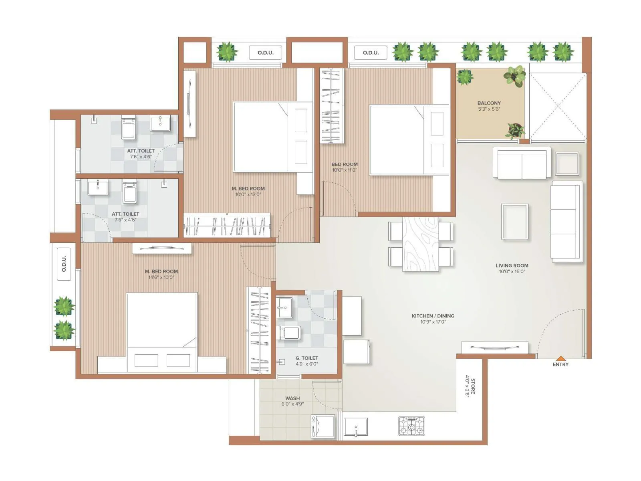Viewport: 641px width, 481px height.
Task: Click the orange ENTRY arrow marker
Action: [x=561, y=358]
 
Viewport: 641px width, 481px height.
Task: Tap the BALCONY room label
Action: [x=489, y=103]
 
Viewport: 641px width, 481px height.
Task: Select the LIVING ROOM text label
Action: [x=512, y=265]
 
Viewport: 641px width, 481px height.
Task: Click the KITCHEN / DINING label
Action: [x=433, y=316]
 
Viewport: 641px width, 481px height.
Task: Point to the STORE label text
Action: [x=473, y=386]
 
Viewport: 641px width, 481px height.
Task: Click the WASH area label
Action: [x=292, y=398]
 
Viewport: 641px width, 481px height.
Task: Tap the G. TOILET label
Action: [x=307, y=358]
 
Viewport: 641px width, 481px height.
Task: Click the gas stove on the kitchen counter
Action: [x=411, y=426]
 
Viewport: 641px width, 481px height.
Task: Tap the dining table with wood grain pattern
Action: [x=420, y=244]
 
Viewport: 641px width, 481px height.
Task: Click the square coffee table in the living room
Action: [x=514, y=221]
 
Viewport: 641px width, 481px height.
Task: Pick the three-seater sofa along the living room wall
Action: [x=566, y=222]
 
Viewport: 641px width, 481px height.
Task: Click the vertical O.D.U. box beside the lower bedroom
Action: [x=64, y=264]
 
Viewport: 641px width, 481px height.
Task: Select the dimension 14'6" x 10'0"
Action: [x=161, y=277]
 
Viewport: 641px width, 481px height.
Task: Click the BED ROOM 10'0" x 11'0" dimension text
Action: [x=345, y=170]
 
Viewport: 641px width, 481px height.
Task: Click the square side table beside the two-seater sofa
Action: [x=567, y=164]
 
